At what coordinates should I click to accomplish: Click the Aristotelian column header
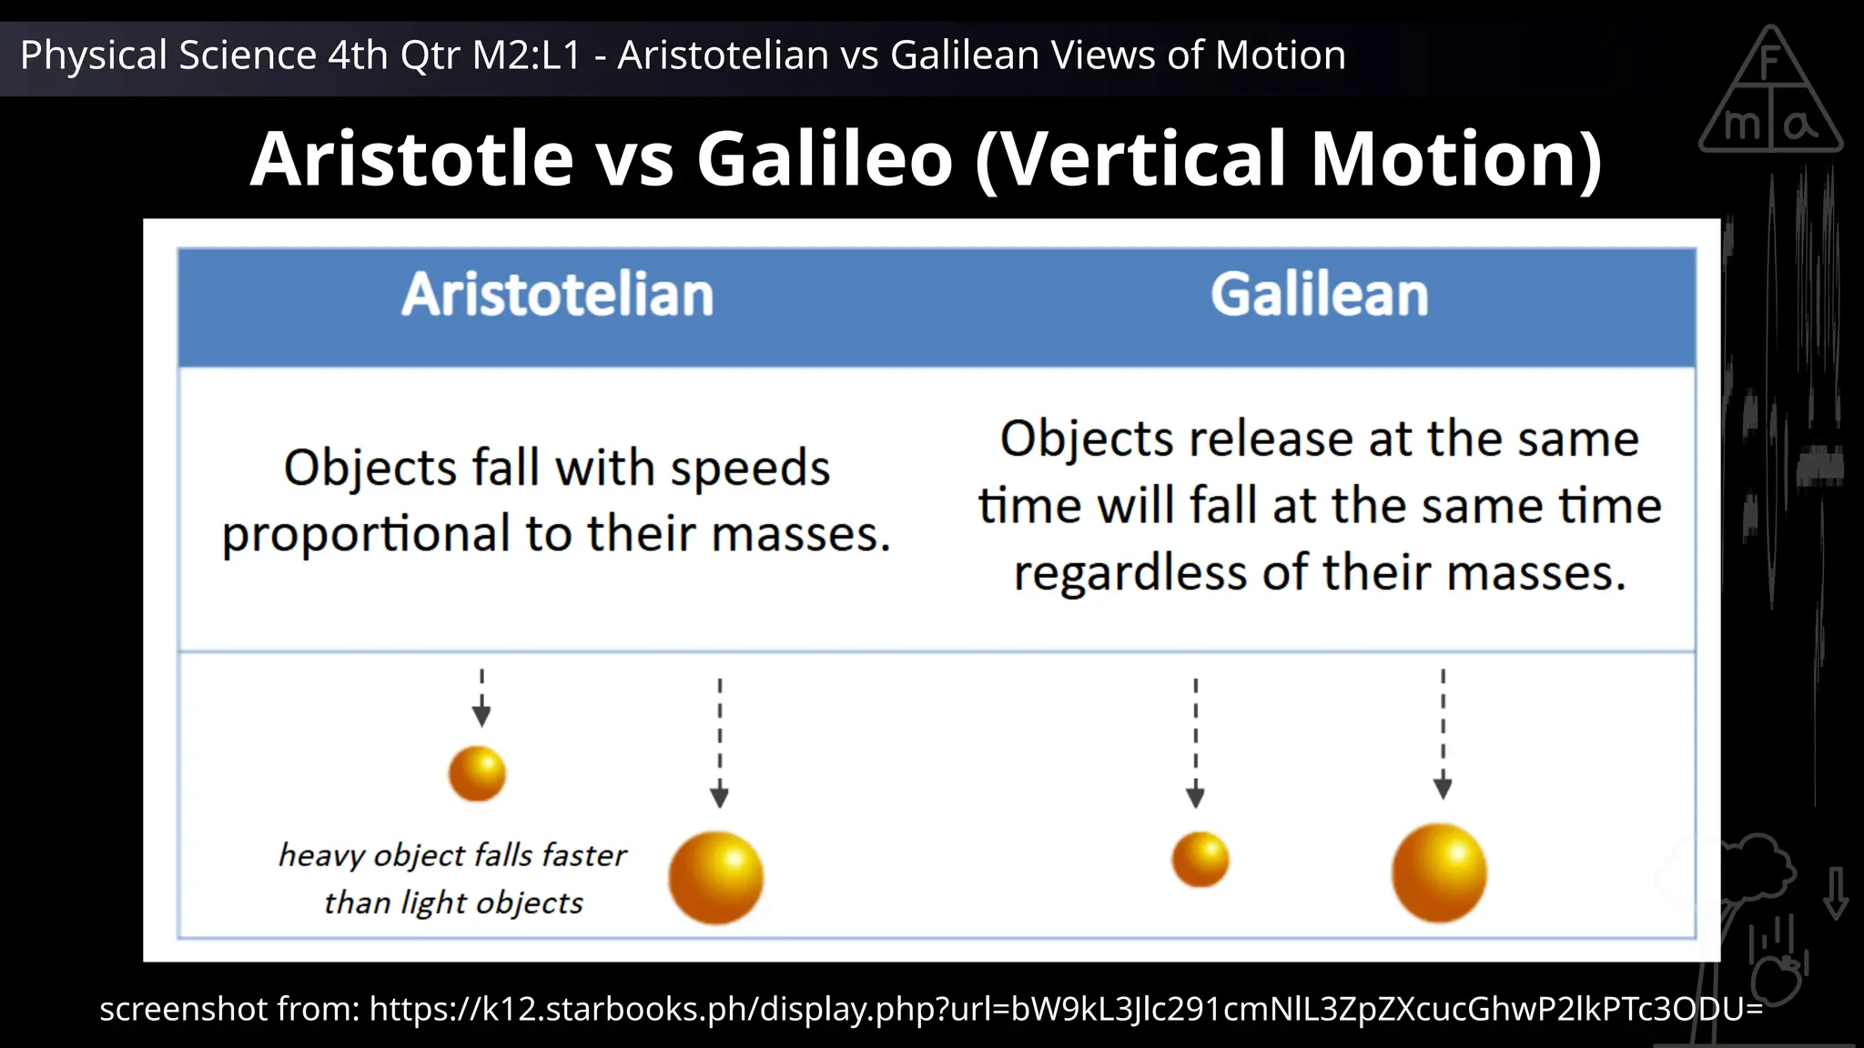coord(557,295)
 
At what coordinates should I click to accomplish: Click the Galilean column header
coord(1319,295)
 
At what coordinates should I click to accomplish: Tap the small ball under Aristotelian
coord(477,773)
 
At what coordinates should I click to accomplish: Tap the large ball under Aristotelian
coord(715,877)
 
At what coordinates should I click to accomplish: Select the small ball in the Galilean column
coord(1200,859)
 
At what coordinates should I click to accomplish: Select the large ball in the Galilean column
coord(1439,872)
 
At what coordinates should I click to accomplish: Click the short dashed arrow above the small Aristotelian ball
coord(481,699)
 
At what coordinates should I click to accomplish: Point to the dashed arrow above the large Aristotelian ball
coord(719,742)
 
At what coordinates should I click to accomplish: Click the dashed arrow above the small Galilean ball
coord(1195,742)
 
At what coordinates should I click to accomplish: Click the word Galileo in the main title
coord(825,159)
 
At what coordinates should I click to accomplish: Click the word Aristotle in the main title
coord(411,159)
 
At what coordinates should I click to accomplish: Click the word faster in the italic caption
coord(583,855)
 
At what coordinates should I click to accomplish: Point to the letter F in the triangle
coord(1769,64)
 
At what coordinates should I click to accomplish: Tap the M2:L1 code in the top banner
coord(526,55)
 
